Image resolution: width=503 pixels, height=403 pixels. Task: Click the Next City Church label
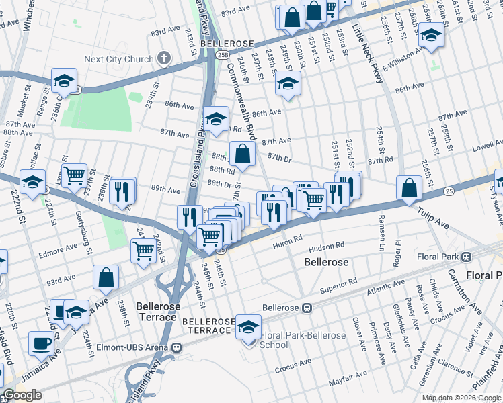point(119,59)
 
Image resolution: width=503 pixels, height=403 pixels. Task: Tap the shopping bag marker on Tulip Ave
point(410,189)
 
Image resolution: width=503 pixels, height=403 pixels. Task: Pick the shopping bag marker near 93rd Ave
point(106,277)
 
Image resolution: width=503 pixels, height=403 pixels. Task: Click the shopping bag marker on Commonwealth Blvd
point(242,154)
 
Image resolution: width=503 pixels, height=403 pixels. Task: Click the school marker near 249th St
point(288,83)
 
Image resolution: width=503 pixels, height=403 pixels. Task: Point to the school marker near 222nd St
point(32,182)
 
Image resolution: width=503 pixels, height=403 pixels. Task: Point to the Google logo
point(23,395)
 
